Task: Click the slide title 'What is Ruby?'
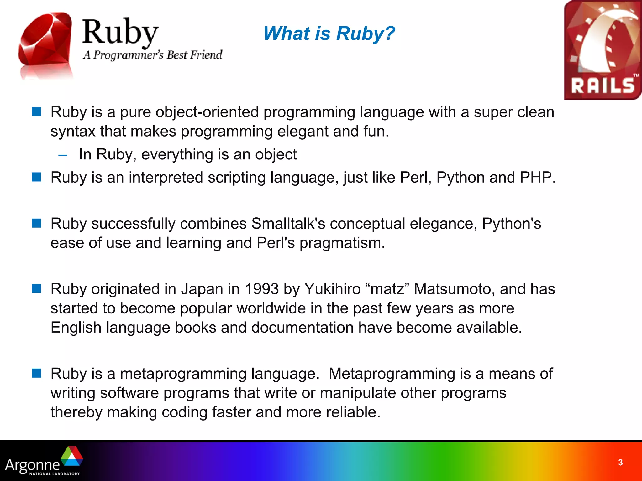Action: tap(329, 34)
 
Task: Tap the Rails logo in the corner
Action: tap(603, 50)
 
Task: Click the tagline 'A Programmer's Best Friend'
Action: tap(153, 55)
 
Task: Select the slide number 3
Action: tap(620, 463)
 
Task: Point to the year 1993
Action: tap(261, 289)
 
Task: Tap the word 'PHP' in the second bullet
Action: tap(537, 178)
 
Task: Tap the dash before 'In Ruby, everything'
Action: tap(63, 155)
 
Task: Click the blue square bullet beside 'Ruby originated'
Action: tap(37, 288)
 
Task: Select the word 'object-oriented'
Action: tap(207, 112)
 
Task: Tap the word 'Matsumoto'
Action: tap(454, 289)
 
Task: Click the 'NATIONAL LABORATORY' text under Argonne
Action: tap(55, 474)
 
